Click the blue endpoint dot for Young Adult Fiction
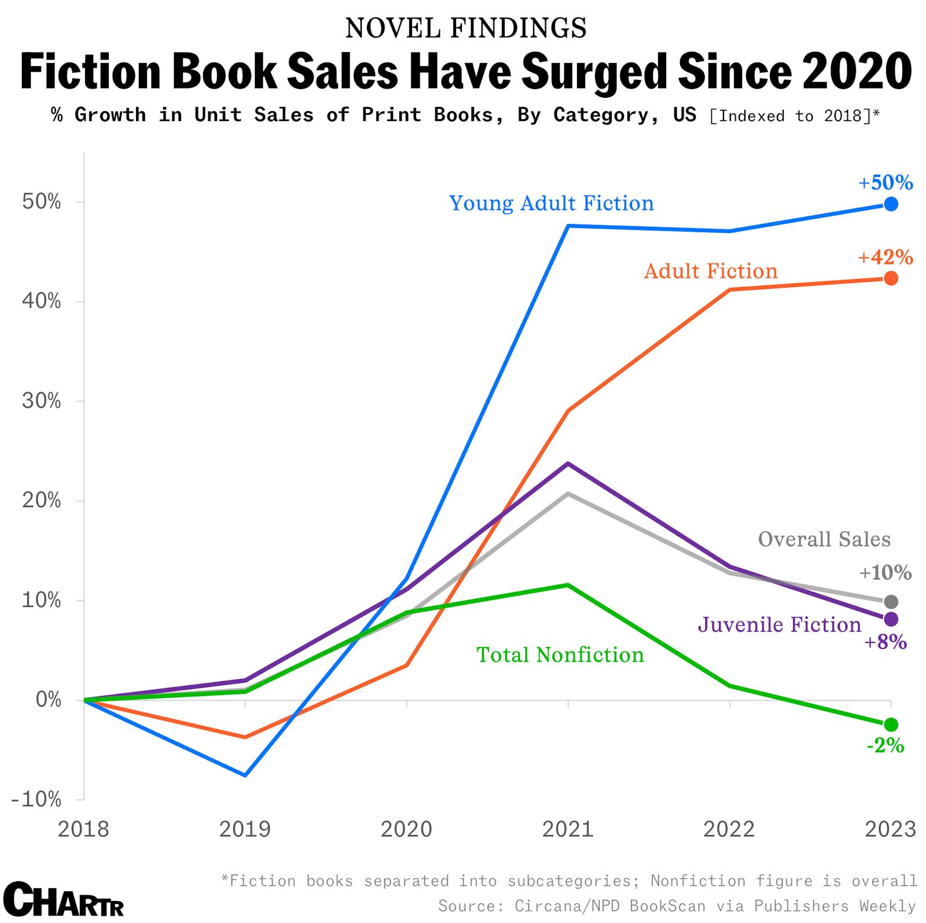coord(891,204)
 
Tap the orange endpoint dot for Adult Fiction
coord(891,278)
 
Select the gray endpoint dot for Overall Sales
coord(891,602)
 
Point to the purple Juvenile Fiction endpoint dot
coord(891,619)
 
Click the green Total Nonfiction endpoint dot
coord(891,725)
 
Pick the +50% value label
coord(885,183)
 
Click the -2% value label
coord(885,746)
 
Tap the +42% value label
coord(885,257)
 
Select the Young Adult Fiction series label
coord(552,204)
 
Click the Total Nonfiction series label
coord(560,655)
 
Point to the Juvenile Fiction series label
coord(780,625)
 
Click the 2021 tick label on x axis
coord(568,829)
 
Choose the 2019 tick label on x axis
coord(245,829)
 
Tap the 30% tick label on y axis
coord(41,401)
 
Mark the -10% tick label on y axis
coord(36,800)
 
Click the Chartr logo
coord(64,899)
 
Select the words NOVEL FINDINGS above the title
coord(466,28)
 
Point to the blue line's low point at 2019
coord(245,775)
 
